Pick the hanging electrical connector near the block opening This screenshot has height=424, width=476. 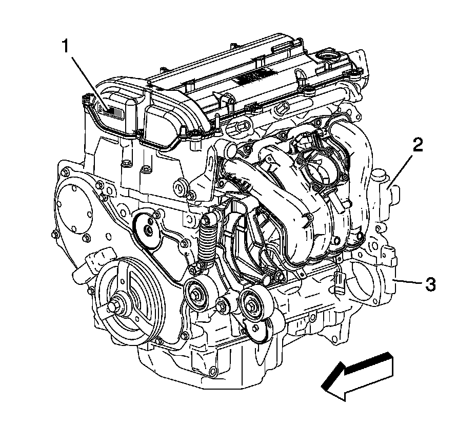pyautogui.click(x=339, y=282)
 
